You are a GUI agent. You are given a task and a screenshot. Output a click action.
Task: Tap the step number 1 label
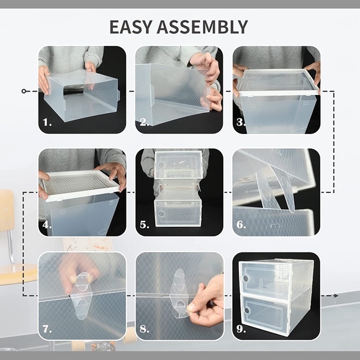[x=47, y=123]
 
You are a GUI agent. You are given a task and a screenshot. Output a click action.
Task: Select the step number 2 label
[x=144, y=123]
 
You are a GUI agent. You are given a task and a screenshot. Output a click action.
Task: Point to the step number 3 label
[x=241, y=123]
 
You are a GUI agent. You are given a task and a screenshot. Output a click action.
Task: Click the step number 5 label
[x=144, y=225]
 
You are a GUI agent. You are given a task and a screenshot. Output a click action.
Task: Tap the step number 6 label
[x=241, y=225]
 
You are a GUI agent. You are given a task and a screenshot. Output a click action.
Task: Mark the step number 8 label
[x=144, y=328]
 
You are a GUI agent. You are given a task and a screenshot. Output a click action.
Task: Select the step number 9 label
[x=241, y=328]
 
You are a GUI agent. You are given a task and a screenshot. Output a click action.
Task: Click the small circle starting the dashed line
[x=24, y=91]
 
